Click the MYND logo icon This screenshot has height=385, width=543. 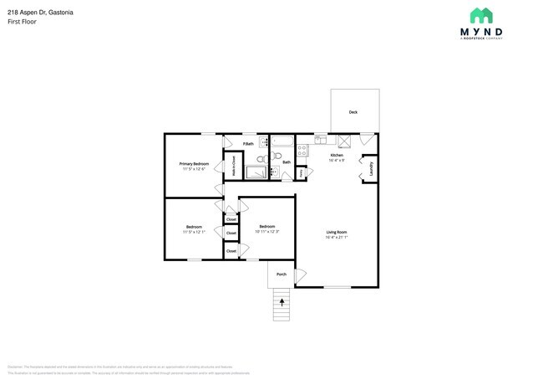(x=480, y=15)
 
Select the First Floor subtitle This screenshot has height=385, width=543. (x=22, y=22)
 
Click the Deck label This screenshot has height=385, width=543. (x=353, y=111)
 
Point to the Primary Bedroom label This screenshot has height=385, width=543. (x=194, y=163)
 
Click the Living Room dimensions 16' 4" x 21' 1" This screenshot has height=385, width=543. (x=336, y=238)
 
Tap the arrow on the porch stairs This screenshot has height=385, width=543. (x=282, y=300)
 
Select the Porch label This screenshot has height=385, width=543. (x=281, y=274)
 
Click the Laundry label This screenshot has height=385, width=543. (x=370, y=168)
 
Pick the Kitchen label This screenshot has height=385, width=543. (x=337, y=155)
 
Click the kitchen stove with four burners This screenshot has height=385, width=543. (x=303, y=151)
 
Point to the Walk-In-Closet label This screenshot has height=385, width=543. (x=233, y=167)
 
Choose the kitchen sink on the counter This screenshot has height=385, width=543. (x=321, y=140)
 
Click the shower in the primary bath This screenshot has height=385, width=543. (x=260, y=172)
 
